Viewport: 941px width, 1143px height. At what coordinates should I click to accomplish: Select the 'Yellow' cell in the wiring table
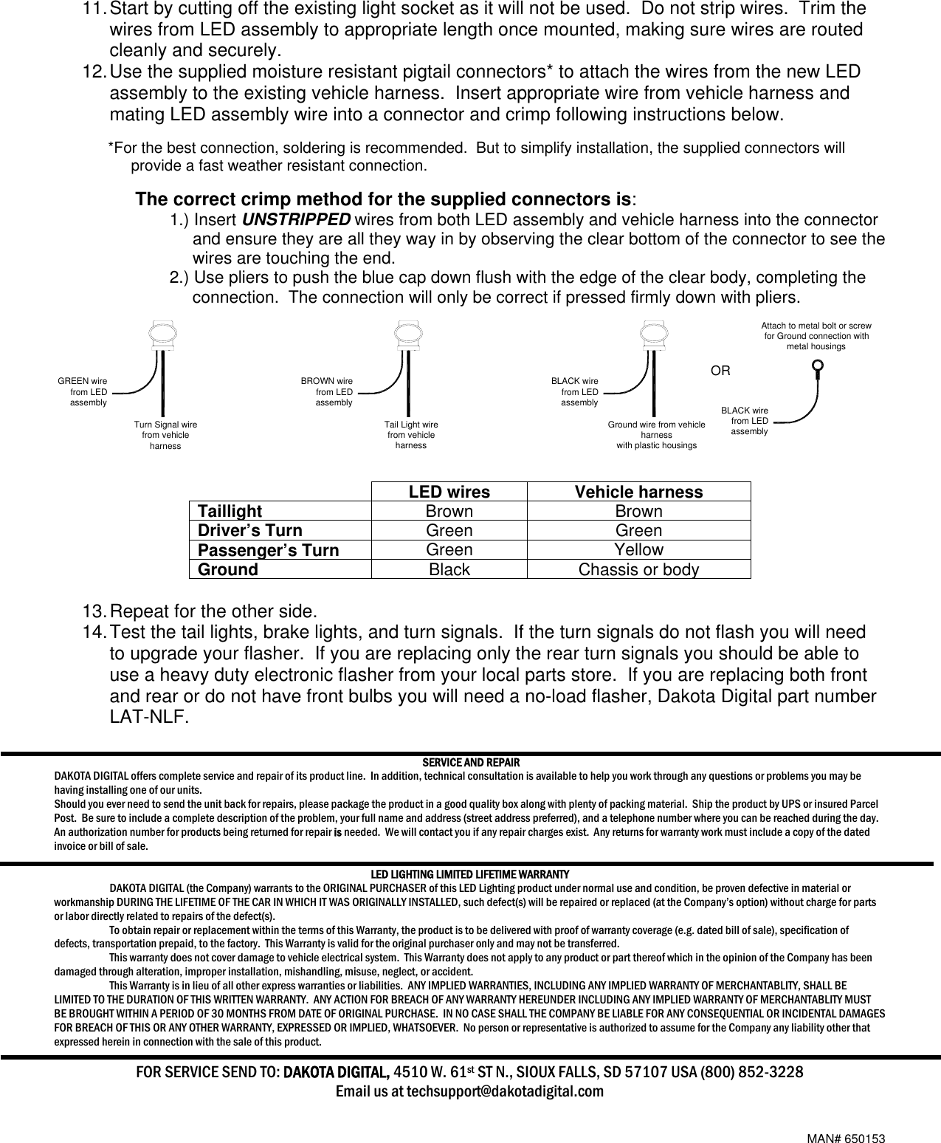tap(638, 550)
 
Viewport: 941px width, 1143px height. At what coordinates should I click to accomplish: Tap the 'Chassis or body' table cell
tap(638, 570)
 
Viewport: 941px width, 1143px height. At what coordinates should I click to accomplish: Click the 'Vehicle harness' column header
tap(638, 492)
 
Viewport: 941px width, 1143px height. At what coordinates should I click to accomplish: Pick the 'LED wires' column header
tap(449, 492)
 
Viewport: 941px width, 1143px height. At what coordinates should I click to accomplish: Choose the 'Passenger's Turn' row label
tap(268, 551)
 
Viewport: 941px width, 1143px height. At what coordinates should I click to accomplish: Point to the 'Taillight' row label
tap(230, 512)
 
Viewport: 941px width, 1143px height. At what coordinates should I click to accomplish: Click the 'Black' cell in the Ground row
tap(449, 570)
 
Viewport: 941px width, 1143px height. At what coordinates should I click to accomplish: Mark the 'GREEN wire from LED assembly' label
tap(83, 392)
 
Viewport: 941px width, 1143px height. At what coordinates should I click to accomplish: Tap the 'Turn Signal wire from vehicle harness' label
tap(165, 436)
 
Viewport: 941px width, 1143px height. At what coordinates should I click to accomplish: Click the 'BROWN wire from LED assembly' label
tap(327, 392)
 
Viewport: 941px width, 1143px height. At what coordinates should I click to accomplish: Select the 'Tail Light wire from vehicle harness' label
tap(411, 436)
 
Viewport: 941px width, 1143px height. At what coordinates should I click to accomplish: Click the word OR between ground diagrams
tap(720, 371)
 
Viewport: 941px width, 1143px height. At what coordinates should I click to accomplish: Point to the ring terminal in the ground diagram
tap(817, 367)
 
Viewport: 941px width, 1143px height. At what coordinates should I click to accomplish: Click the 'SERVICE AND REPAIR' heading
tap(470, 762)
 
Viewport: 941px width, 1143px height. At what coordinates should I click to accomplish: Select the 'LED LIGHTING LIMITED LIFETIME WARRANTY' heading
tap(470, 874)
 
